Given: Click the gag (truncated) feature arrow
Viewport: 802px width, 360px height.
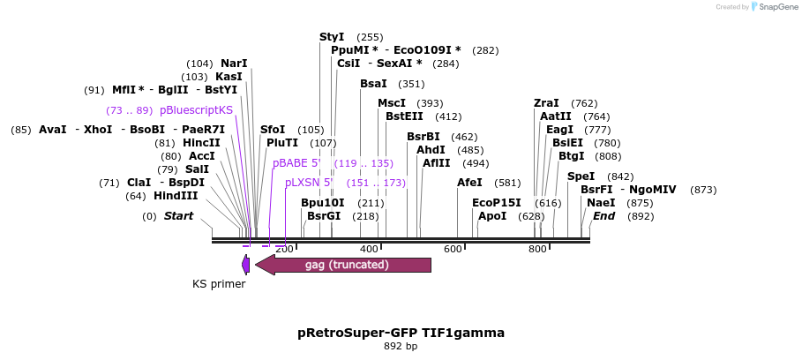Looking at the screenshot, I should coord(343,265).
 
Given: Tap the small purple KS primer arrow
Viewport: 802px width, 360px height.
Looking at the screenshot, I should coord(245,264).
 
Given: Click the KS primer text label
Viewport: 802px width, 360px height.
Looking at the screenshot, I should coord(219,284).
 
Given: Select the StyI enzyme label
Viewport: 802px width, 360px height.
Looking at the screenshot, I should coord(332,37).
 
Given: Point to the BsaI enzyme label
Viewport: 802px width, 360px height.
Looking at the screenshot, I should coord(373,84).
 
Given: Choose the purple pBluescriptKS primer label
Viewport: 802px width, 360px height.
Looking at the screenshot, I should coord(196,110).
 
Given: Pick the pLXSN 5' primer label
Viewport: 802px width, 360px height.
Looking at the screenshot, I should coord(309,183).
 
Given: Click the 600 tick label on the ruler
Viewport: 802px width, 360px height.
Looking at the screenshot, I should coord(453,250).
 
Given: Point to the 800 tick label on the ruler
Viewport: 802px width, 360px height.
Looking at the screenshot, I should coord(537,250).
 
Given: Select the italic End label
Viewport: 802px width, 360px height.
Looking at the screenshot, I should coord(604,216).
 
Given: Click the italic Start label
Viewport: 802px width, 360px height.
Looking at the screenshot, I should coord(178,216).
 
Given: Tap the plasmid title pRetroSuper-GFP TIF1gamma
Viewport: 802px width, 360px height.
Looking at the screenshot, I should coord(401,333).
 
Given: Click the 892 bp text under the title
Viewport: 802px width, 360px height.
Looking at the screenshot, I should coord(401,347).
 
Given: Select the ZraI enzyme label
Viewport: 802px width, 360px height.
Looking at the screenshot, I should coord(546,103).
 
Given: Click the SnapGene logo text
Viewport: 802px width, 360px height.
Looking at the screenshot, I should coord(774,7).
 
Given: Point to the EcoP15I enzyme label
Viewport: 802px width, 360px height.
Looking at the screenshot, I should coord(497,203).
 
